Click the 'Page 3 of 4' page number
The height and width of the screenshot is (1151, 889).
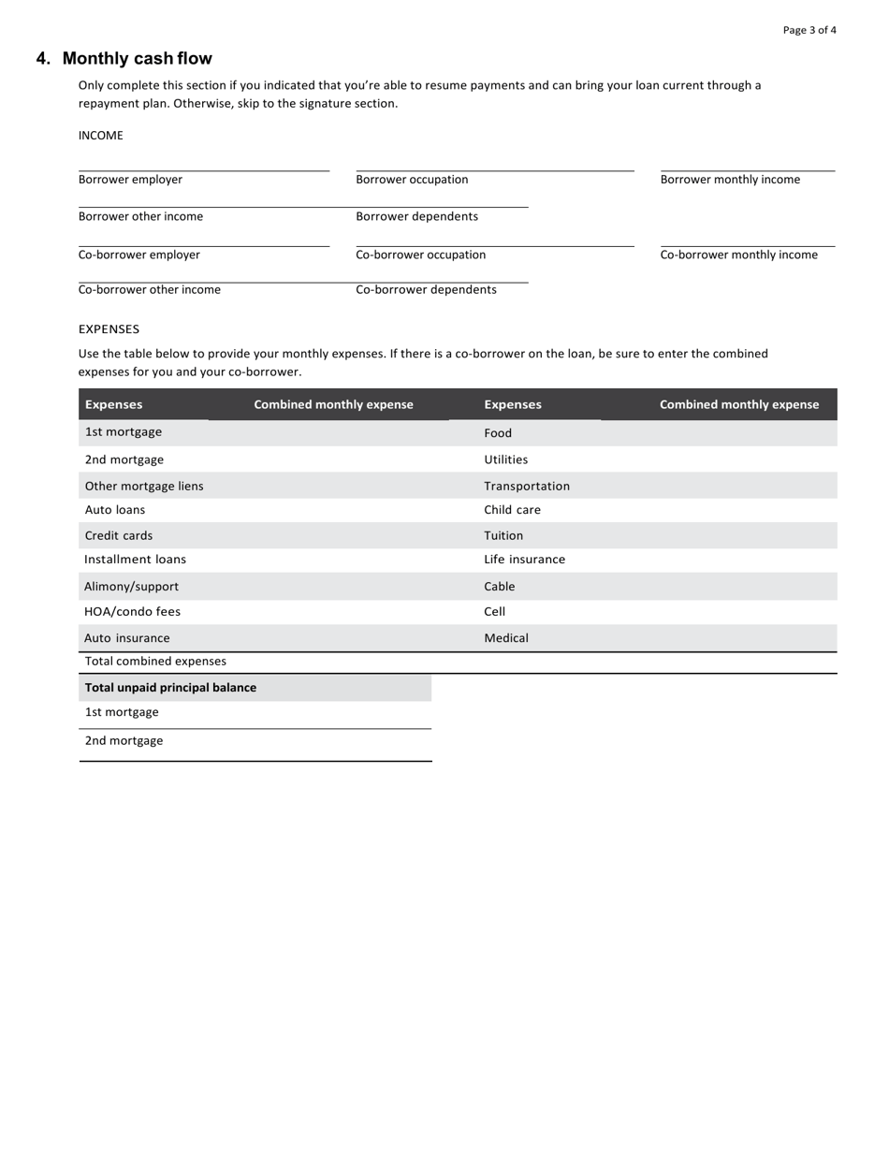[x=809, y=30]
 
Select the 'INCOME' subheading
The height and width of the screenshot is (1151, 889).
[x=100, y=136]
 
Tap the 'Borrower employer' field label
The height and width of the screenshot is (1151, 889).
[x=130, y=180]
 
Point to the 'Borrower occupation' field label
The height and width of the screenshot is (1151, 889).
[x=412, y=180]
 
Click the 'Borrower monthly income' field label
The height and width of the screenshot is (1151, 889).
[x=730, y=180]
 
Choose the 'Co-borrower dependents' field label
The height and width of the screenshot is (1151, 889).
[x=426, y=290]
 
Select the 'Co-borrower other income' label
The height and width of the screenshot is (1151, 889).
[x=150, y=290]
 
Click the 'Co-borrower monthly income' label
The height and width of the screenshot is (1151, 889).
[x=738, y=255]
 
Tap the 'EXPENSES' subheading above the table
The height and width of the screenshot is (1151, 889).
[x=109, y=329]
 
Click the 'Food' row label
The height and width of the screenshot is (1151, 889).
[x=498, y=433]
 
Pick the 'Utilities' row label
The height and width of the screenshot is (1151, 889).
[x=505, y=459]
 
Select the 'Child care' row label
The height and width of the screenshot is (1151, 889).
[x=512, y=510]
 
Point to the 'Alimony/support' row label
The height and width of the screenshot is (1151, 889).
[x=131, y=587]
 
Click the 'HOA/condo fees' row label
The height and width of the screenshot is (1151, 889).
[x=132, y=612]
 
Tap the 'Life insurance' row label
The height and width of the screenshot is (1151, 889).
[x=524, y=560]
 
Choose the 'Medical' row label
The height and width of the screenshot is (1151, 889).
[x=506, y=638]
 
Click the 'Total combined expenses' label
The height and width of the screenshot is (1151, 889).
[x=155, y=662]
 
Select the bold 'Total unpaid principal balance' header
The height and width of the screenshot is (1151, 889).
[x=170, y=688]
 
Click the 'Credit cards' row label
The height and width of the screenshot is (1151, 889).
[x=119, y=536]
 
